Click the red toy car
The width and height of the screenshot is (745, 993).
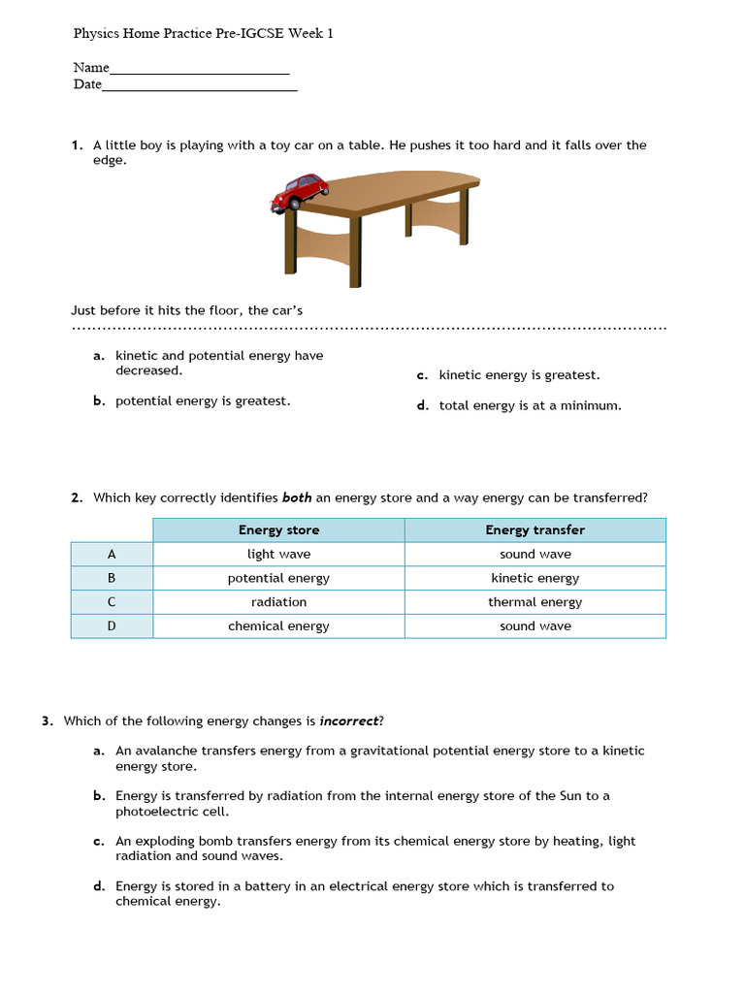[x=300, y=193]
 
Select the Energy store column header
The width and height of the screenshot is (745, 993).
[x=278, y=530]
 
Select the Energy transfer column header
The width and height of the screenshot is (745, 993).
[x=534, y=530]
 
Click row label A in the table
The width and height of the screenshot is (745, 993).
[x=112, y=555]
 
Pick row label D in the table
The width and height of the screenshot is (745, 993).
[x=112, y=626]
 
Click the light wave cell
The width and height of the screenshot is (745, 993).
[x=278, y=555]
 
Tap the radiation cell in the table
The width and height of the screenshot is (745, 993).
[x=278, y=602]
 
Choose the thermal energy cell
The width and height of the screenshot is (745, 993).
[x=534, y=602]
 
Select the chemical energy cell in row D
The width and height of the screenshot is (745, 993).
[x=278, y=626]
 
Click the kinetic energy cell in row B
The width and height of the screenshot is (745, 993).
[x=534, y=578]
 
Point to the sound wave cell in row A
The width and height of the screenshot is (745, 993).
[x=534, y=555]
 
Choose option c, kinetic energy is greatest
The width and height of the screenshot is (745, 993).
[x=519, y=375]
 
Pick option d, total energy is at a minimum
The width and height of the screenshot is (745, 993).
[x=530, y=406]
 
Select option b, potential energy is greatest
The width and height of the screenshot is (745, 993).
[x=203, y=401]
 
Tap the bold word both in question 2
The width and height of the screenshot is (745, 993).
[x=297, y=498]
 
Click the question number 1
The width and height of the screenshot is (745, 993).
[x=76, y=145]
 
